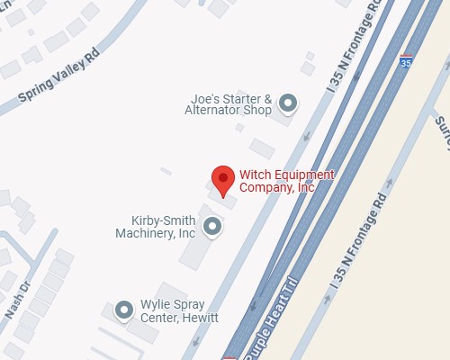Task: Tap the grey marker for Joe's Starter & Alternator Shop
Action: [288, 104]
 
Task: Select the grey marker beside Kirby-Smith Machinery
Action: [211, 227]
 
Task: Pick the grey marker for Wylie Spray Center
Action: [124, 310]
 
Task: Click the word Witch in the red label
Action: [254, 175]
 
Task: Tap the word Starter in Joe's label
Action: [239, 98]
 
